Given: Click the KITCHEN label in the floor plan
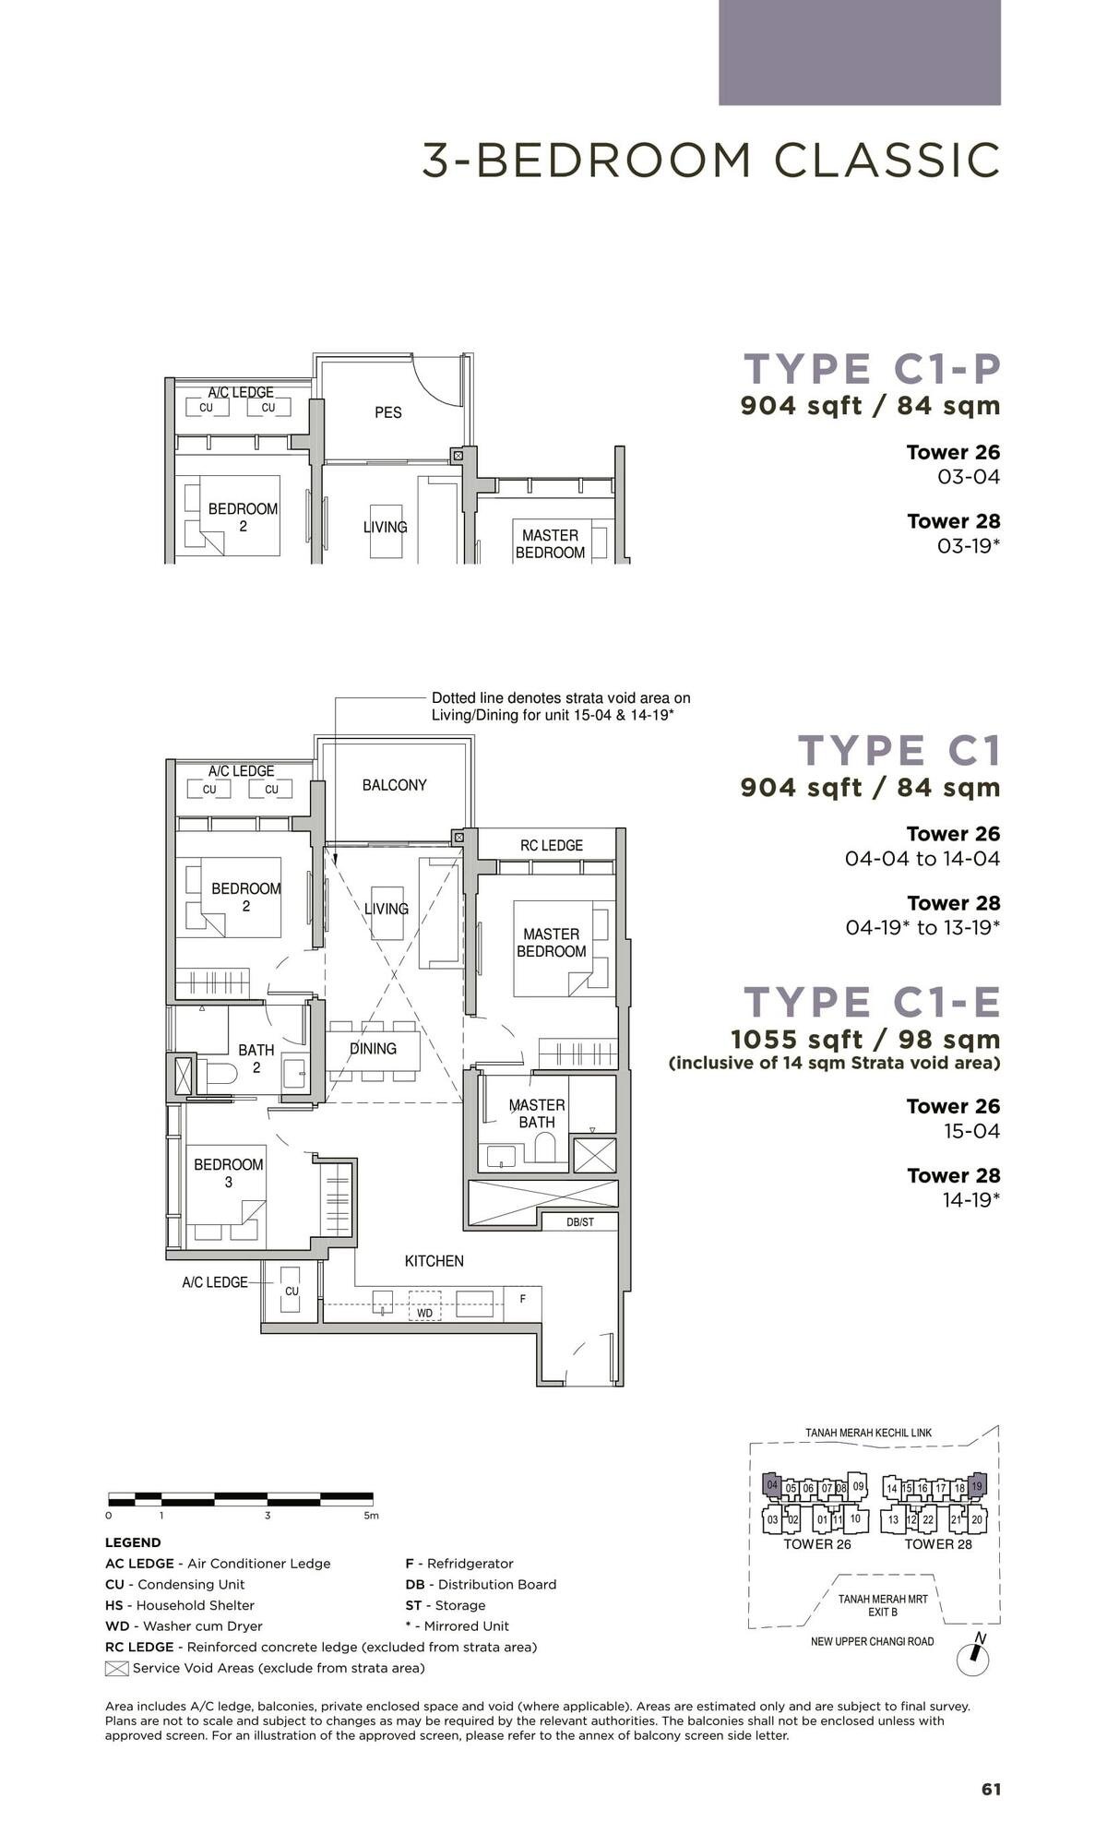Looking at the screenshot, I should (434, 1261).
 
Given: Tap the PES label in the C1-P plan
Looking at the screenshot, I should (388, 412).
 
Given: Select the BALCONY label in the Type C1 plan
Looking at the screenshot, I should (394, 785).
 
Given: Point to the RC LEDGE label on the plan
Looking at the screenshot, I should (551, 845).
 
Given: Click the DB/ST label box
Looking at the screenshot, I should (579, 1222).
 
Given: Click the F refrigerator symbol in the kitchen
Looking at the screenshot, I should (523, 1299).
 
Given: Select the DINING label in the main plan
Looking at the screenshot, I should (373, 1049).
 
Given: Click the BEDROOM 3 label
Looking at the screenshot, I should (229, 1173).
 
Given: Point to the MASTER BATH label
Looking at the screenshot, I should (537, 1113).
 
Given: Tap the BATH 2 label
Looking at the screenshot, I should (256, 1059).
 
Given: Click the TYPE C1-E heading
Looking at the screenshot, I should (872, 1002).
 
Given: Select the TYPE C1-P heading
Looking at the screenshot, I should (872, 368).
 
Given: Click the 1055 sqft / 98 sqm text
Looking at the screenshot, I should (864, 1040).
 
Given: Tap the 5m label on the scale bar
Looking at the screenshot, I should (371, 1516).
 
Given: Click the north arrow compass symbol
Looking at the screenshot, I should (973, 1658).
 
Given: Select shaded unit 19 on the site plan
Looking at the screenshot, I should (977, 1486).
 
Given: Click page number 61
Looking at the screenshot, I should (991, 1790).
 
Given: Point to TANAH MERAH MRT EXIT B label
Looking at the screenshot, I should (883, 1605).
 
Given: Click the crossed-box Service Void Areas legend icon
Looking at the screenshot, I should (116, 1668).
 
